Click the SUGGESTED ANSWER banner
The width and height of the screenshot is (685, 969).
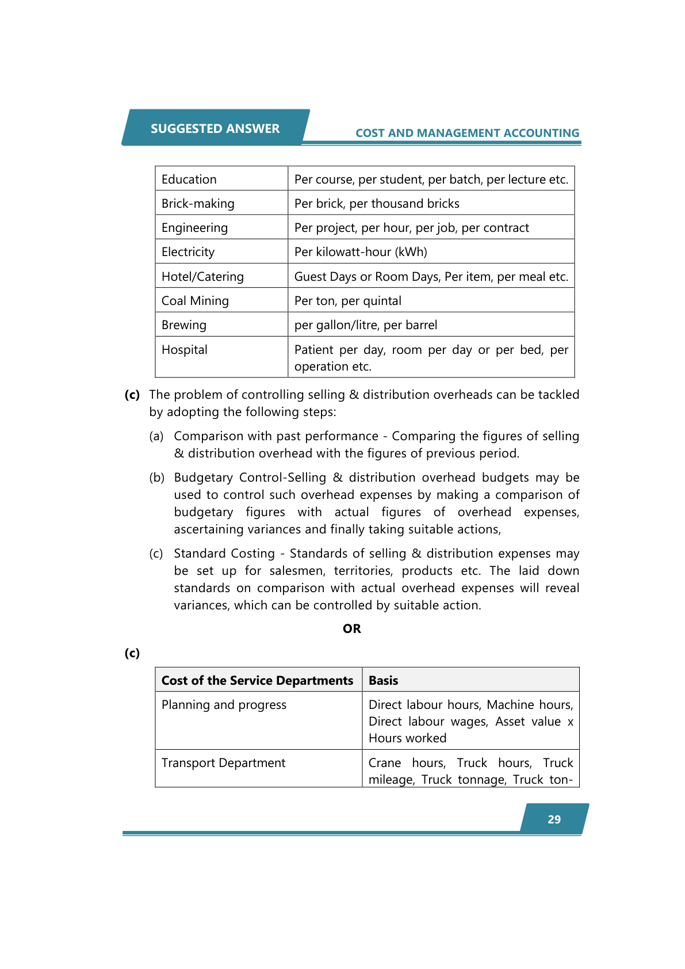coord(215,128)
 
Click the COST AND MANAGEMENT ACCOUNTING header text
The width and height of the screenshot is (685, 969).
coord(467,133)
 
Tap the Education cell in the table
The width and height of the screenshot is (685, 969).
coord(189,180)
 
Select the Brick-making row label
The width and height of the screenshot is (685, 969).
coord(198,204)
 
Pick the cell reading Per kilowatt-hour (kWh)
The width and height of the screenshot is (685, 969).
coord(361,252)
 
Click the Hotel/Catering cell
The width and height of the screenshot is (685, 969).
coord(202,277)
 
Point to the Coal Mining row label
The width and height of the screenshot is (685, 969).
coord(195,301)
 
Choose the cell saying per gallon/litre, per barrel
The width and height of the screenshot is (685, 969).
coord(366,325)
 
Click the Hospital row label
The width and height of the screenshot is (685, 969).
coord(185,350)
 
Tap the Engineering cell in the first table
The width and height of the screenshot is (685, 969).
coord(194,228)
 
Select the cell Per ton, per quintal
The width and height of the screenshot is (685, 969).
coord(348,301)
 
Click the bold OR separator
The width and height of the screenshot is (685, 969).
coord(352,629)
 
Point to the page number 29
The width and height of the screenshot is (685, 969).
coord(554,819)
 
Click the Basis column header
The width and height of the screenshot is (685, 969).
coord(384,681)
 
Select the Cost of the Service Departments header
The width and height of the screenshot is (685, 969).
coord(257,681)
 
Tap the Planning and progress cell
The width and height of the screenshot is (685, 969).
coord(224,705)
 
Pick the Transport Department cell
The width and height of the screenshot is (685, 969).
coord(223,763)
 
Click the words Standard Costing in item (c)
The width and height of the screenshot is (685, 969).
coord(224,554)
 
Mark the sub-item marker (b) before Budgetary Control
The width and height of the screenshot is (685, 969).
coord(156,478)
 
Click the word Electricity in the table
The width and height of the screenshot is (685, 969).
coord(188,252)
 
